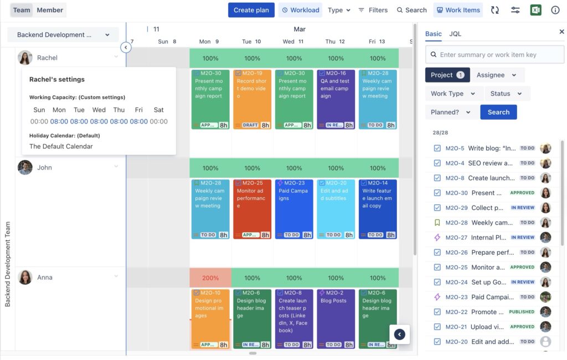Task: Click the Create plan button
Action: pyautogui.click(x=251, y=10)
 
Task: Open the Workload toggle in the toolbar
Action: pyautogui.click(x=300, y=10)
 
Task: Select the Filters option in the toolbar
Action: pyautogui.click(x=373, y=10)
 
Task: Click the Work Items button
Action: pyautogui.click(x=458, y=10)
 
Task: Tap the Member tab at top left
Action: pyautogui.click(x=50, y=10)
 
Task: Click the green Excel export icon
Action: pyautogui.click(x=535, y=10)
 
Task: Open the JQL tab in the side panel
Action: pyautogui.click(x=455, y=34)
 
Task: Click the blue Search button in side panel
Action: pyautogui.click(x=498, y=112)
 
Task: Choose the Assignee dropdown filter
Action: pyautogui.click(x=497, y=75)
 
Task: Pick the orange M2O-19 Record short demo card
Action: pyautogui.click(x=252, y=99)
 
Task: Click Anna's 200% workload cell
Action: pyautogui.click(x=210, y=278)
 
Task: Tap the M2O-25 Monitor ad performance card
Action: pyautogui.click(x=252, y=209)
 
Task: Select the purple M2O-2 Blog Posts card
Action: pyautogui.click(x=336, y=318)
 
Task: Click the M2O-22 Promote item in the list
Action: pyautogui.click(x=476, y=312)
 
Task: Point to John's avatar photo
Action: pyautogui.click(x=25, y=167)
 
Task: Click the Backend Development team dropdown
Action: pyautogui.click(x=63, y=35)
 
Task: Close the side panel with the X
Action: pyautogui.click(x=561, y=32)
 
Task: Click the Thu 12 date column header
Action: pyautogui.click(x=335, y=42)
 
